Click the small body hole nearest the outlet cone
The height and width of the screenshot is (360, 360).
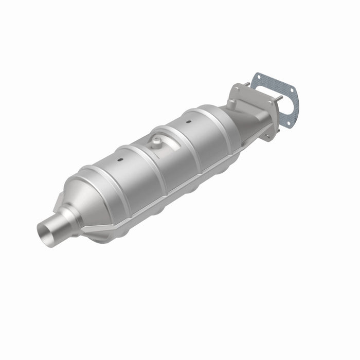[120, 159]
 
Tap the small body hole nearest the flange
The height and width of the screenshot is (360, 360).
[188, 122]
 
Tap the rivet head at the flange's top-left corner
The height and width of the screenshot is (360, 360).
[236, 87]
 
